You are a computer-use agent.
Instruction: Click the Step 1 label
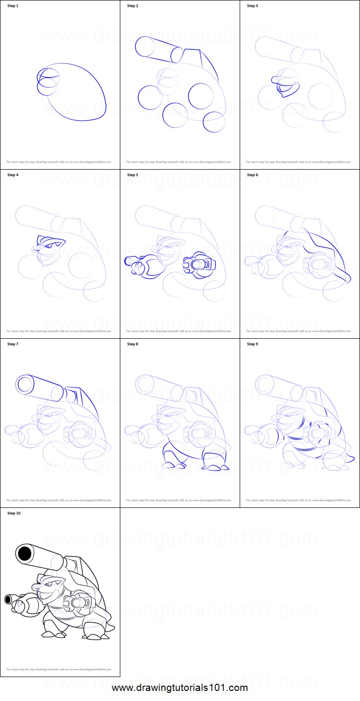[13, 6]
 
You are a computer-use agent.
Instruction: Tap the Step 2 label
[133, 6]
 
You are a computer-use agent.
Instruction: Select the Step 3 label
[253, 6]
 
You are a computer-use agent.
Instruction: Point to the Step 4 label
[13, 175]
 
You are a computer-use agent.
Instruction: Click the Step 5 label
[133, 175]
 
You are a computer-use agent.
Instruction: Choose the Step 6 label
[253, 175]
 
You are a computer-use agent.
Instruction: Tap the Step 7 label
[13, 344]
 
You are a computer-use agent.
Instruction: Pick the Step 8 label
[133, 344]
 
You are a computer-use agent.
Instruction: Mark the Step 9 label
[253, 344]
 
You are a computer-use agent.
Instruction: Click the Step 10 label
[14, 513]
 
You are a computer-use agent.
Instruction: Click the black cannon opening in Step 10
[24, 554]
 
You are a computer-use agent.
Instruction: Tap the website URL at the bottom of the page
[180, 688]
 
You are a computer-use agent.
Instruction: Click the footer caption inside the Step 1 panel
[59, 162]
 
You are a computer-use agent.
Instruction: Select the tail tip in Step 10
[113, 627]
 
